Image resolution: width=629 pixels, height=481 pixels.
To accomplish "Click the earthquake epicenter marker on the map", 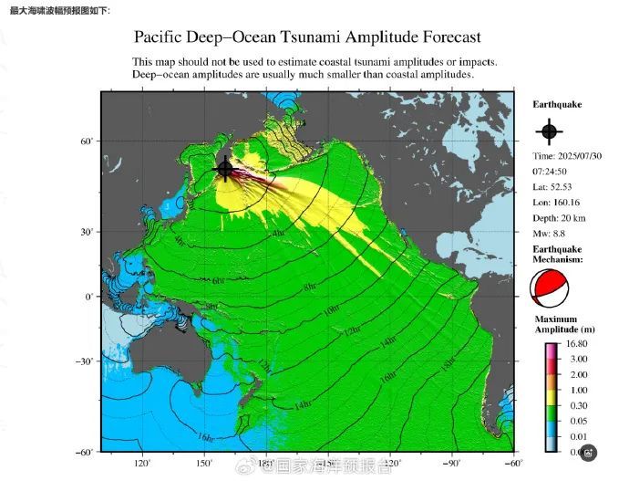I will coord(225,169).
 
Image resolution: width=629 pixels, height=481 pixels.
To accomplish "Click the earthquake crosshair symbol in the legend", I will coord(548,131).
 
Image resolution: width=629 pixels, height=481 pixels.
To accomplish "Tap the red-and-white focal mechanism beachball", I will coord(549,290).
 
